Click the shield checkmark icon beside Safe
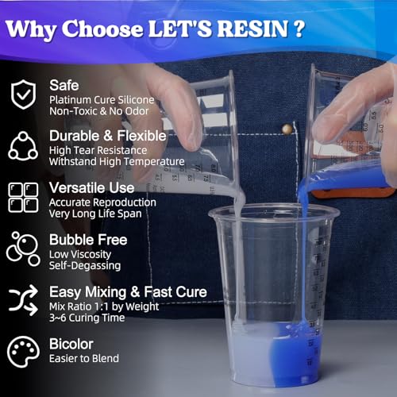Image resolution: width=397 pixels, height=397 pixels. [23, 94]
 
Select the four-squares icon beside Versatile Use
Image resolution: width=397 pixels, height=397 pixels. [23, 198]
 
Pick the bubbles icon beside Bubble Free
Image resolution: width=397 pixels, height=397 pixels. [23, 249]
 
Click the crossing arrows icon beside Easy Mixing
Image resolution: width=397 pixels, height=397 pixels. [23, 300]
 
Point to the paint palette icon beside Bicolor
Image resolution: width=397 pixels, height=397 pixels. [23, 352]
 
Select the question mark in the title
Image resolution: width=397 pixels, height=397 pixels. [299, 29]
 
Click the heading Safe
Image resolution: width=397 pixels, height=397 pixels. [64, 85]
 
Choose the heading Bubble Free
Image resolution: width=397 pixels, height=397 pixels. [88, 240]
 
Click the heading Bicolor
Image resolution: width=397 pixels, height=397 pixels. [71, 344]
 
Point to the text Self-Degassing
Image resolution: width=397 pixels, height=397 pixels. [85, 265]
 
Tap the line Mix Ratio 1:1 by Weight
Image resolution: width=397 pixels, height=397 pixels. [104, 306]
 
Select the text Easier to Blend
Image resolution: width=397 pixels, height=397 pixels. [84, 358]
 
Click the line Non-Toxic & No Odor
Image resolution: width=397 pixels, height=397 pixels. [99, 111]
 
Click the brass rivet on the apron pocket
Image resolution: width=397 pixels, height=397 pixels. [287, 129]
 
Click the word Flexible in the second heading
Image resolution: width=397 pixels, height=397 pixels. [141, 136]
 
